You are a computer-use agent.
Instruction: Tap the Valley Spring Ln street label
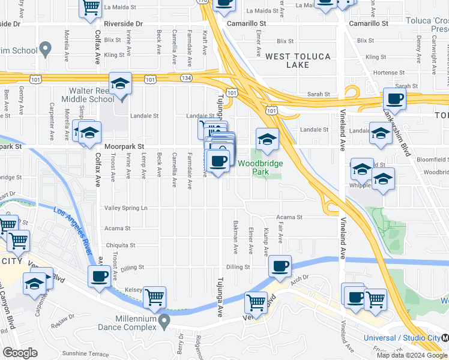pos(126,208)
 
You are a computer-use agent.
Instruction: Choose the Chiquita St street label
pos(121,245)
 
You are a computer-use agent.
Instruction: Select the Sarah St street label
pos(319,94)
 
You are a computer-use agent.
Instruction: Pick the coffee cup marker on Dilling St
pos(280,266)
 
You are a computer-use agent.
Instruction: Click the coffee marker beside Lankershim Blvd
pos(394,99)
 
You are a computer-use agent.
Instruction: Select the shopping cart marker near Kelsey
pos(155,297)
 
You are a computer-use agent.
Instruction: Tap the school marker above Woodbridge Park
pos(267,140)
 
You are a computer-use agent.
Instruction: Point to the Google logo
pos(20,353)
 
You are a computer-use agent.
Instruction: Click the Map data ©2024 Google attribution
pos(412,355)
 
